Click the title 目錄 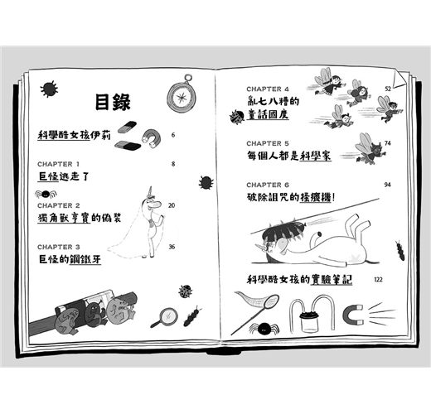pyautogui.click(x=113, y=102)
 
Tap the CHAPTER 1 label pyautogui.click(x=58, y=164)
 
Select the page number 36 pyautogui.click(x=172, y=247)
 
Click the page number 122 pyautogui.click(x=378, y=279)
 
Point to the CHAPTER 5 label pyautogui.click(x=268, y=143)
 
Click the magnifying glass pyautogui.click(x=164, y=317)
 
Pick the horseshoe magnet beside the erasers pyautogui.click(x=151, y=137)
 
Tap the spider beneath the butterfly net pyautogui.click(x=264, y=329)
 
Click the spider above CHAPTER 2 pyautogui.click(x=46, y=194)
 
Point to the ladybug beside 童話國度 pyautogui.click(x=236, y=116)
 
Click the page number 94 pyautogui.click(x=387, y=185)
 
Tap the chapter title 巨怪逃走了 pyautogui.click(x=64, y=176)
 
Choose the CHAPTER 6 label pyautogui.click(x=268, y=185)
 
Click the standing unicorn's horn pyautogui.click(x=151, y=191)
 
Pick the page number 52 pyautogui.click(x=388, y=89)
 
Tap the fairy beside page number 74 pyautogui.click(x=370, y=150)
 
